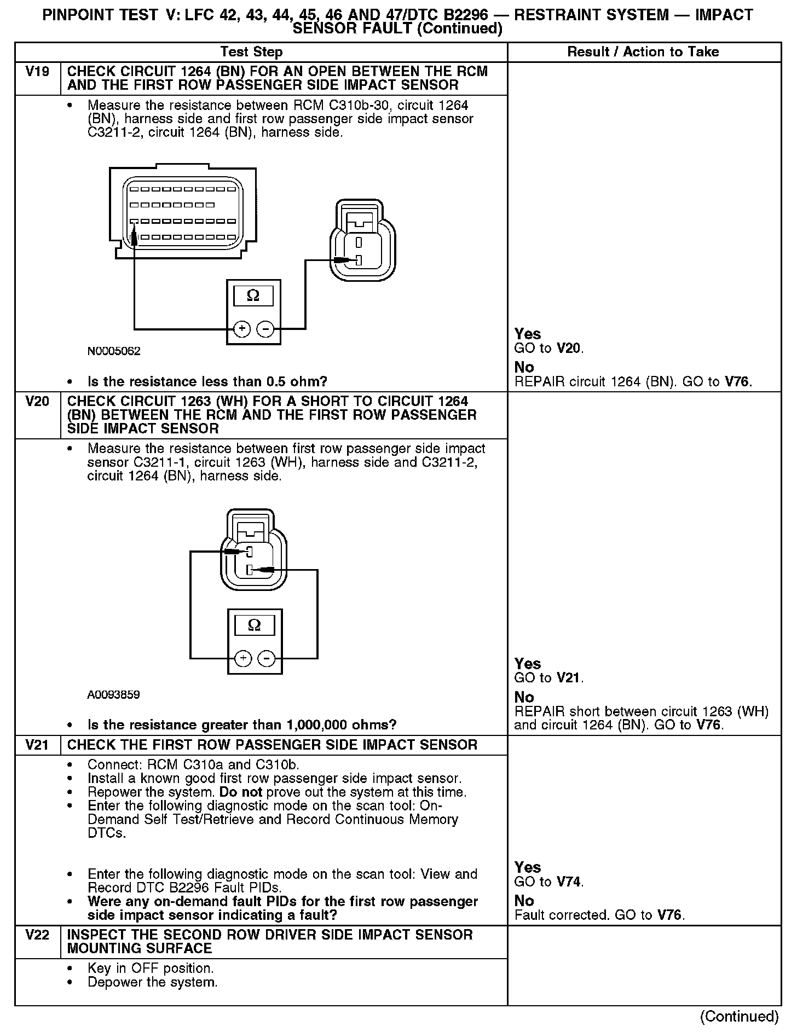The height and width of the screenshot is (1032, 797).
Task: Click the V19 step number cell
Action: (37, 72)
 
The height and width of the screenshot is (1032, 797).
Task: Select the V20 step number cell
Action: (37, 402)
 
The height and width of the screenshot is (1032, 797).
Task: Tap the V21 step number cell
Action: (37, 745)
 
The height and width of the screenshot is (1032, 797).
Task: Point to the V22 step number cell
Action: (37, 935)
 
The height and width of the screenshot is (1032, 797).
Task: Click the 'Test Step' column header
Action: (251, 52)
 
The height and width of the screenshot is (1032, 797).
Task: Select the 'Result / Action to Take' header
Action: (643, 52)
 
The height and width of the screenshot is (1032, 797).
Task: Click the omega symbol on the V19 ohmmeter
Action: (253, 296)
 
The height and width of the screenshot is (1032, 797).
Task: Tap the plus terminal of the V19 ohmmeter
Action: (241, 329)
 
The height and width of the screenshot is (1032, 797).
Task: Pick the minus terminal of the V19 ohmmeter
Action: (265, 329)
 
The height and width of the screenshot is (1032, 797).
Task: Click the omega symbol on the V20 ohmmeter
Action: (255, 625)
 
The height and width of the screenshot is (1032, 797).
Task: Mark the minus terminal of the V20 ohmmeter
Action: (267, 658)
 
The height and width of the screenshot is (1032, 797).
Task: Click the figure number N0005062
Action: (113, 351)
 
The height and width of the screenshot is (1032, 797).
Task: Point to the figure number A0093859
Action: (113, 695)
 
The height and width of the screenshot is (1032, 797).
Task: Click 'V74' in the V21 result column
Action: (570, 882)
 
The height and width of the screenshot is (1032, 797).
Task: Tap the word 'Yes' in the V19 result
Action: (528, 334)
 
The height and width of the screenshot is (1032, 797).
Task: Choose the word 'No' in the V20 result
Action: (524, 697)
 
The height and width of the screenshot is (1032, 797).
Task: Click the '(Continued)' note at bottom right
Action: (739, 1016)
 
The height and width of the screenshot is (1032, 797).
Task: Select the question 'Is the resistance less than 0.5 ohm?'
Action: (207, 381)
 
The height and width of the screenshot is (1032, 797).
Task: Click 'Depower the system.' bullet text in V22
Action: (153, 982)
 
